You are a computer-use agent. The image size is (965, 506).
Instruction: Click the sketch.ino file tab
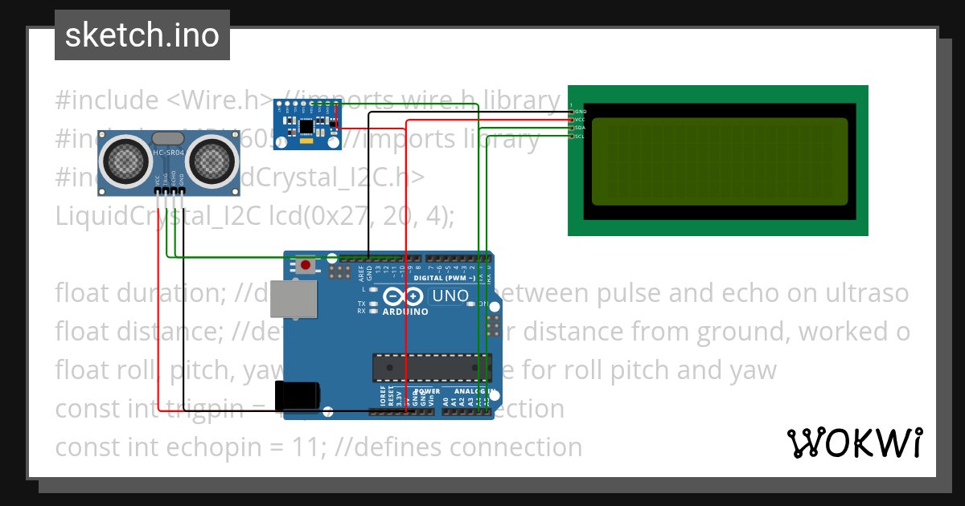click(142, 35)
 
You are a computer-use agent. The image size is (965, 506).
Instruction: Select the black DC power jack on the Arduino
click(297, 395)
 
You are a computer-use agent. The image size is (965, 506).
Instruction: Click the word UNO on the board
click(450, 296)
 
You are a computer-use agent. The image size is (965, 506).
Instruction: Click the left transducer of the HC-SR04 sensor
click(128, 159)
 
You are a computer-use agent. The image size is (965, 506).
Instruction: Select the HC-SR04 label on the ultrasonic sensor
click(168, 153)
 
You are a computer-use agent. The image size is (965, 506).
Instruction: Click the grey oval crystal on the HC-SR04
click(167, 139)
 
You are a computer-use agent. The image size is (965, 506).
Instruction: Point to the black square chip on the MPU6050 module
click(306, 126)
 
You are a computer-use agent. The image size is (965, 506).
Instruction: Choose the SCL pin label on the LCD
click(580, 137)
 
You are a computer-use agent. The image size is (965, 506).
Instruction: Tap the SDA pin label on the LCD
click(580, 128)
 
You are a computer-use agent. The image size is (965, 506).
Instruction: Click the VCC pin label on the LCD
click(580, 120)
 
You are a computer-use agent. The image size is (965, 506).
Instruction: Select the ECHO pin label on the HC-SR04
click(174, 180)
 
